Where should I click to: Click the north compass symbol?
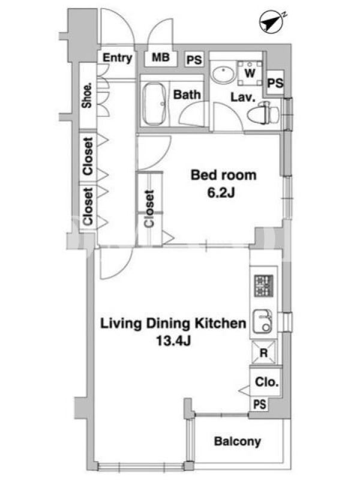tap(271, 22)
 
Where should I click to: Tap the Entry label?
tap(117, 58)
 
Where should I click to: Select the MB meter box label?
tap(161, 57)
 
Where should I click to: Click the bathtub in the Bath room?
tap(155, 104)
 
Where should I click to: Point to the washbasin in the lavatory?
tap(223, 73)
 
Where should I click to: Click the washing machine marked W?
tap(250, 73)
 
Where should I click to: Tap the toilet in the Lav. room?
tap(263, 113)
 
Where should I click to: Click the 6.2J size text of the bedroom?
tap(221, 193)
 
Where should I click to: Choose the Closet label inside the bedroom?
tap(149, 209)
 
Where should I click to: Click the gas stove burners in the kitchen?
tap(263, 286)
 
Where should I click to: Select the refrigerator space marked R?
tap(263, 353)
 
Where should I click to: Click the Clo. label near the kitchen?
tap(267, 382)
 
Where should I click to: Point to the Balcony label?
tap(238, 442)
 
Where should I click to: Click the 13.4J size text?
tap(173, 340)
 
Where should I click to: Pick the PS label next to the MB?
tap(194, 59)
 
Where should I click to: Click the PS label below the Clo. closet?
tap(260, 404)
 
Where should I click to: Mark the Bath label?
tap(187, 95)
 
